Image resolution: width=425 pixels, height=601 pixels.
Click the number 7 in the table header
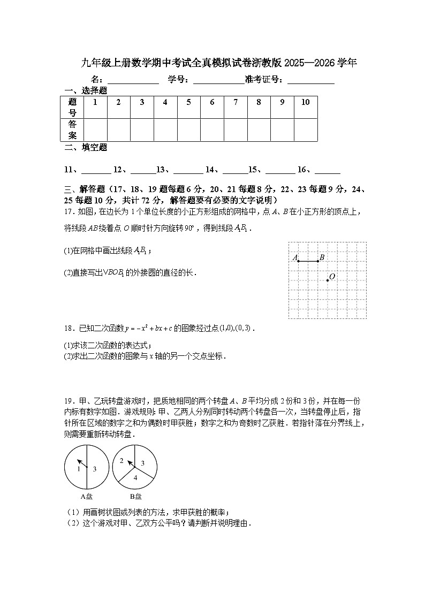click(236, 102)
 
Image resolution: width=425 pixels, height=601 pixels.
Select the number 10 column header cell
click(306, 102)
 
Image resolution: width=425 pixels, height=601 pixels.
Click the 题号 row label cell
click(73, 107)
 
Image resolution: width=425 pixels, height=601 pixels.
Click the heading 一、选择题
click(86, 91)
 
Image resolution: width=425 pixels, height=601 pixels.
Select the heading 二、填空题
click(86, 148)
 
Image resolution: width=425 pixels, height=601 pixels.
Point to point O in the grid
click(328, 280)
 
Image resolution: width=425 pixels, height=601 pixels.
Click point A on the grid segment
click(298, 261)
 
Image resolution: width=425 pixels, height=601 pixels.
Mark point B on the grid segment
click(317, 261)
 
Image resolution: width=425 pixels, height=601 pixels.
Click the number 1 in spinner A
click(79, 469)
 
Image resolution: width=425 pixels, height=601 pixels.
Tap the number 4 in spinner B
click(135, 477)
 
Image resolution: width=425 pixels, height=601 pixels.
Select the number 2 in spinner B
click(122, 461)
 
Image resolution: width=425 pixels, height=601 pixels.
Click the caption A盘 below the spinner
click(86, 496)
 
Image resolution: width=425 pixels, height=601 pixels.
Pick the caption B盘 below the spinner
click(135, 496)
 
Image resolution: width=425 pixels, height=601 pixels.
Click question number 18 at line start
click(68, 328)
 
